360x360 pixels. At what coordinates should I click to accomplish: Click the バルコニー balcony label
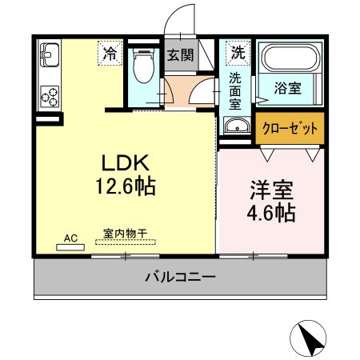[180, 278]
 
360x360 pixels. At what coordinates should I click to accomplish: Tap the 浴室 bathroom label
[289, 88]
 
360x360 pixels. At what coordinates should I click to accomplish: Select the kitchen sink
[50, 58]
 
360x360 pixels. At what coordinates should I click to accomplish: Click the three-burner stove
[50, 97]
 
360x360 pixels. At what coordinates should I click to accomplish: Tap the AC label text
[70, 238]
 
